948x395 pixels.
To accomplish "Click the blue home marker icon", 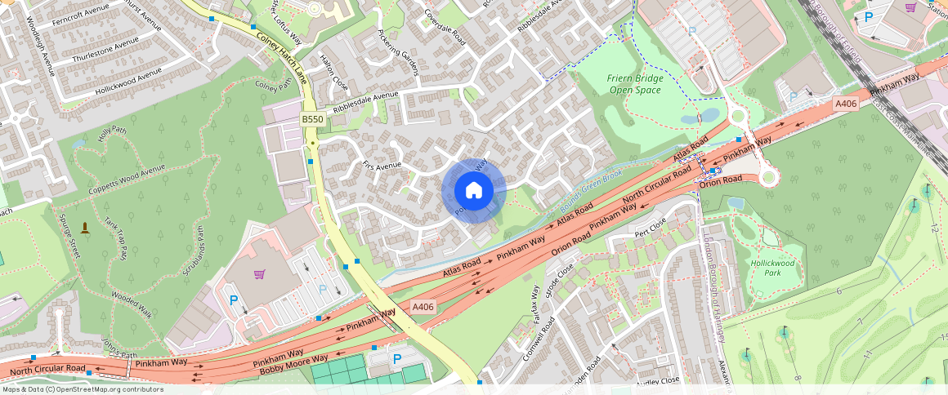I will pyautogui.click(x=473, y=191).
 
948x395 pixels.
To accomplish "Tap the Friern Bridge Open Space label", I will pyautogui.click(x=634, y=84).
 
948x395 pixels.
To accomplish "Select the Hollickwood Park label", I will pyautogui.click(x=772, y=269).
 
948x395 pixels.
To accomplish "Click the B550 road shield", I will pyautogui.click(x=312, y=119).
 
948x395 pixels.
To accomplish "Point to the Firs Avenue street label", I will pyautogui.click(x=382, y=166).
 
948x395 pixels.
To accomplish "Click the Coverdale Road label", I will pyautogui.click(x=445, y=28).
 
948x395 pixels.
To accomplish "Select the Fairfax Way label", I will pyautogui.click(x=536, y=306).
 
